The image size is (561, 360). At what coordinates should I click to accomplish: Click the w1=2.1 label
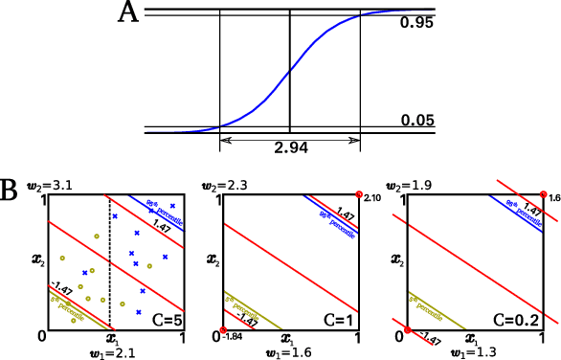click(109, 350)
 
